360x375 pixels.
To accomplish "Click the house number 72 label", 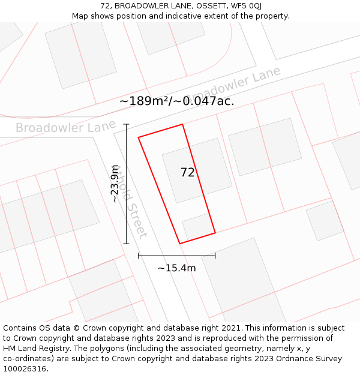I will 188,173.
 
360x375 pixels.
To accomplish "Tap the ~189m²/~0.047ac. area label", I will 176,101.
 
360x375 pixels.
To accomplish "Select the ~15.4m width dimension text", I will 176,268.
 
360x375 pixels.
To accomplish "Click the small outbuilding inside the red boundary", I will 197,226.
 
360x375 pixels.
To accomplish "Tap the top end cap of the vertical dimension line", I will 126,124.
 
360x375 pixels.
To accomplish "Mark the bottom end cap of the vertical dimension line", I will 126,244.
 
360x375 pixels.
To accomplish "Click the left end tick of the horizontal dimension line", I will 139,256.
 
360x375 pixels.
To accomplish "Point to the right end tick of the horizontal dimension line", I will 215,256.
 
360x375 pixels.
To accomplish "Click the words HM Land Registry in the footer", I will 35,348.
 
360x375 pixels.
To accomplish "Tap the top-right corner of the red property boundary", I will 182,124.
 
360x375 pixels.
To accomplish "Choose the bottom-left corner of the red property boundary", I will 180,243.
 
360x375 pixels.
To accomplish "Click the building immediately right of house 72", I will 265,146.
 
